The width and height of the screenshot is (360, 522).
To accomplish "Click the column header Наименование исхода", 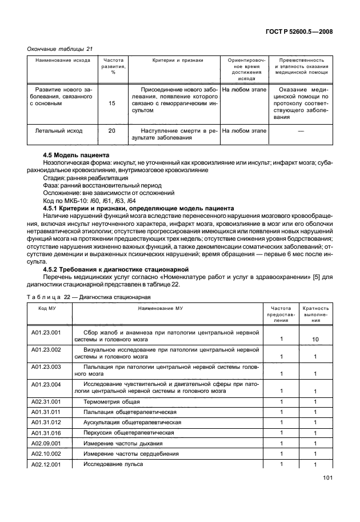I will pos(59,60).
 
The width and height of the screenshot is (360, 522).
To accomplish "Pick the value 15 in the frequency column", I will pos(111,103).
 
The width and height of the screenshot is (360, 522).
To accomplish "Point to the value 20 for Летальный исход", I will pos(111,131).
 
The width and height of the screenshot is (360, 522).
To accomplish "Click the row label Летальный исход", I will pos(59,131).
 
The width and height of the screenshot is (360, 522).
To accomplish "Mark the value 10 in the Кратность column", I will pos(315,340).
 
